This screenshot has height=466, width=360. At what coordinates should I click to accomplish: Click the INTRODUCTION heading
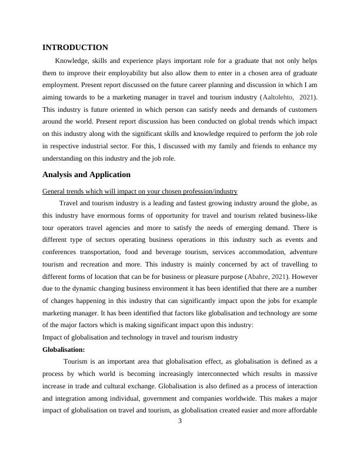[75, 47]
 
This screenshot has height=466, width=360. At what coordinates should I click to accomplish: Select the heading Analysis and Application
[86, 174]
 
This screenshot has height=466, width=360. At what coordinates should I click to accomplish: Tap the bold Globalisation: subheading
[64, 349]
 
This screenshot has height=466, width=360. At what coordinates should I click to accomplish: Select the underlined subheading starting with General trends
[140, 191]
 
